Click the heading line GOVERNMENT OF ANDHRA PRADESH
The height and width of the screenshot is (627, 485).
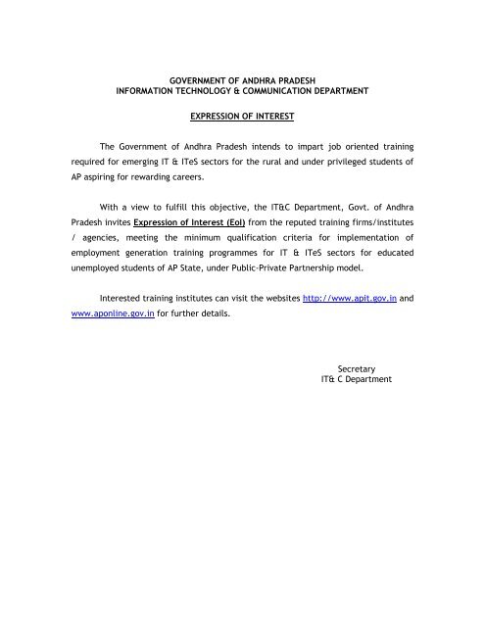(242, 75)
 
